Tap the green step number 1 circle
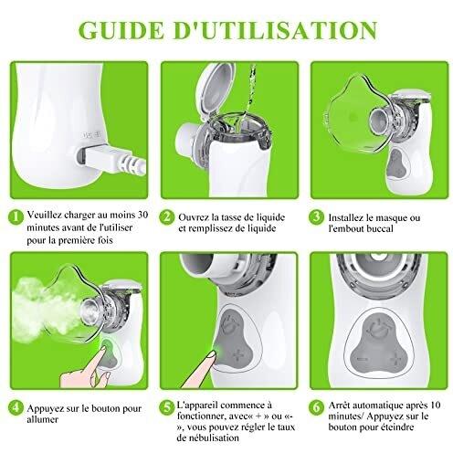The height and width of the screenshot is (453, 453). tap(16, 217)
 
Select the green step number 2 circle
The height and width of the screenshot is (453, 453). tap(167, 217)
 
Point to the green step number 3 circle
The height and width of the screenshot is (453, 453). tap(317, 217)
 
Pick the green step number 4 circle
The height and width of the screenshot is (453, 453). tap(16, 408)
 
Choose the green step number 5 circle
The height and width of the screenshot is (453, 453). tap(167, 408)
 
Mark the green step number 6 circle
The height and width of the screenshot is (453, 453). tap(317, 408)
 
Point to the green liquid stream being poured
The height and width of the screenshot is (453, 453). tap(249, 91)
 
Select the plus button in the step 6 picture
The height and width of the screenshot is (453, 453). tap(395, 360)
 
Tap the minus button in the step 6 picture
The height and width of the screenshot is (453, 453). tap(363, 359)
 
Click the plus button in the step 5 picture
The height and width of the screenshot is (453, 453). tap(238, 355)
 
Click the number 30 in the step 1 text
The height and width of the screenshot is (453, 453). tap(142, 215)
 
